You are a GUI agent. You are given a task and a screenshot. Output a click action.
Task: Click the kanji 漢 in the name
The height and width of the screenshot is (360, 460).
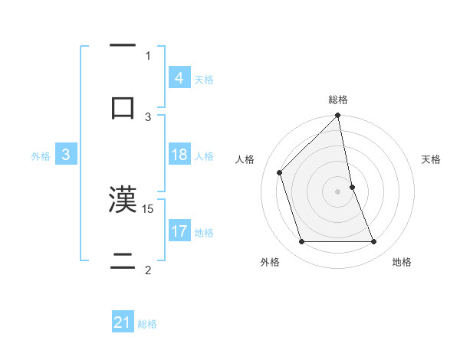pos(122,199)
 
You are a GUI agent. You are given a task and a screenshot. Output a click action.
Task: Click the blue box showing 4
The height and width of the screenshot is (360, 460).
pos(179,78)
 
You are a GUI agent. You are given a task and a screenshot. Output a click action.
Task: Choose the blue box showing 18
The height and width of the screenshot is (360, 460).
pos(179,155)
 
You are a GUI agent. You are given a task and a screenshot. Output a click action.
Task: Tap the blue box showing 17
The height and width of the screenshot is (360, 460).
pos(179,231)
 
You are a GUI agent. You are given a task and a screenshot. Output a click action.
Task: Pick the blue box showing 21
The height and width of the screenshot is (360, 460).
pos(123,323)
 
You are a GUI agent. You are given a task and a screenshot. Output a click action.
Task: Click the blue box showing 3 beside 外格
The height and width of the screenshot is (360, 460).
pos(66,155)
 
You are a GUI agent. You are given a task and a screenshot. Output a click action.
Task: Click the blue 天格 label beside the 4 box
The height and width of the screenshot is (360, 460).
pos(204,79)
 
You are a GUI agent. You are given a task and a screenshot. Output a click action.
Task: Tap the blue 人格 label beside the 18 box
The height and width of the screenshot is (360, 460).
pos(204,155)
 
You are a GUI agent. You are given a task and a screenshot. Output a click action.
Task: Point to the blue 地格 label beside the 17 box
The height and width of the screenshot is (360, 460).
pos(204,232)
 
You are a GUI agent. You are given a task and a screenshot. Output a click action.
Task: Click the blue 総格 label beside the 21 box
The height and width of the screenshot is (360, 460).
pos(147,324)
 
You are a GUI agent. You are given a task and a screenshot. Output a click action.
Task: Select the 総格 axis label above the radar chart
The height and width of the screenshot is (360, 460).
pos(338,100)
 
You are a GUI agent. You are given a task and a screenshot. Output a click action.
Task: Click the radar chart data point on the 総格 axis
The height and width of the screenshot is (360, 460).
pos(337,116)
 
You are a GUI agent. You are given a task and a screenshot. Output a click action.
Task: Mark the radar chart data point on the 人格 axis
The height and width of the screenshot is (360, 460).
pos(280,172)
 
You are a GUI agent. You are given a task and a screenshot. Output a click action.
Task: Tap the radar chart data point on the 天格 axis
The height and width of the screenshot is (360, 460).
pos(352,187)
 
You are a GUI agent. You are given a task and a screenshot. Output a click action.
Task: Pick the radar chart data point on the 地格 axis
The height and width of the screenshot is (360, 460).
pos(373,242)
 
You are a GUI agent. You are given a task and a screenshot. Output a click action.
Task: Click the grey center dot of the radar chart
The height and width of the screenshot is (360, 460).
pos(337,191)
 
